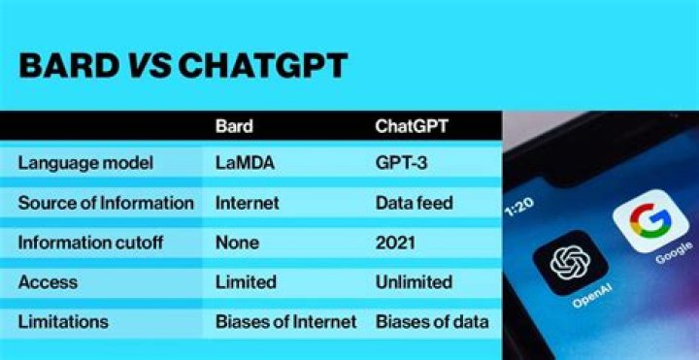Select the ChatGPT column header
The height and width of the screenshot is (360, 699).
(413, 126)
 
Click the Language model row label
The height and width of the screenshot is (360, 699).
(85, 163)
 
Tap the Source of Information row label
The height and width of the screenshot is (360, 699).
(106, 203)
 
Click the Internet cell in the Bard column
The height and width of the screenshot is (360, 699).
(247, 203)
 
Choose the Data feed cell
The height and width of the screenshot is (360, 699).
(414, 203)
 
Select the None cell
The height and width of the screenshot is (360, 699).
(236, 243)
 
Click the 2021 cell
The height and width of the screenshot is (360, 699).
(395, 243)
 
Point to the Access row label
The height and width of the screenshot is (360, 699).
(49, 282)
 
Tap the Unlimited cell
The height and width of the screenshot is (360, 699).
(414, 282)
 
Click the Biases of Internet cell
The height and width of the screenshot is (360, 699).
(285, 321)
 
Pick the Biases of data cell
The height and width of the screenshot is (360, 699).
(432, 321)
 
